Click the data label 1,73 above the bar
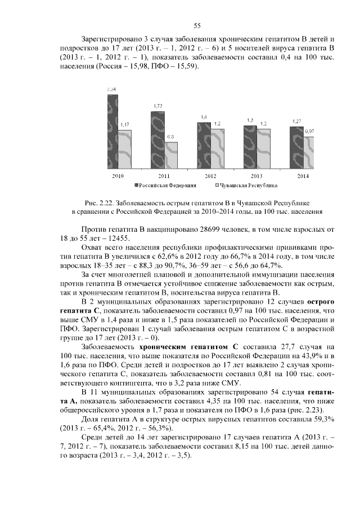click(x=158, y=106)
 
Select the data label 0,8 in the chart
click(x=171, y=137)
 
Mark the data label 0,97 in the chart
click(x=309, y=131)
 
